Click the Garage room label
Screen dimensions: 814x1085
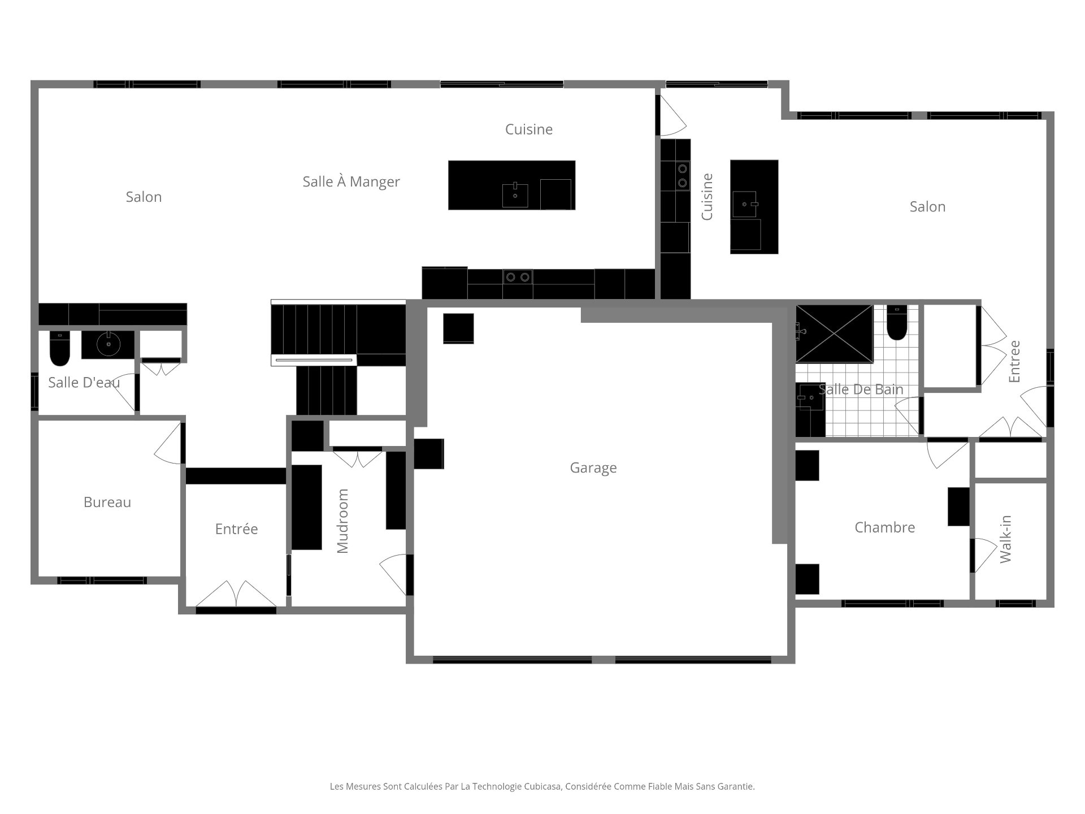pyautogui.click(x=593, y=468)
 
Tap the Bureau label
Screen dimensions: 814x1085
pyautogui.click(x=107, y=502)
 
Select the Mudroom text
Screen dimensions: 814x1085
pyautogui.click(x=342, y=521)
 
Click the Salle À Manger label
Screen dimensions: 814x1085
pyautogui.click(x=351, y=181)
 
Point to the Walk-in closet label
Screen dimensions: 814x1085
pyautogui.click(x=1005, y=539)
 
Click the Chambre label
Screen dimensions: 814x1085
pyautogui.click(x=884, y=527)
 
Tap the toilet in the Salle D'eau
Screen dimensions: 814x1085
pyautogui.click(x=59, y=349)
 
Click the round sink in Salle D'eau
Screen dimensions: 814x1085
pyautogui.click(x=107, y=343)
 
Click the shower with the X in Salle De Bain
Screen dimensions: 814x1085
pyautogui.click(x=835, y=334)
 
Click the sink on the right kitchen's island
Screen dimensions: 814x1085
pyautogui.click(x=745, y=204)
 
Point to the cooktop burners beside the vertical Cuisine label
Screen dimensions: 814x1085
pyautogui.click(x=682, y=175)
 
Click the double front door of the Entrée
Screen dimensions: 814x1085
pyautogui.click(x=236, y=595)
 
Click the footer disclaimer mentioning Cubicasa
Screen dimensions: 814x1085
pyautogui.click(x=542, y=786)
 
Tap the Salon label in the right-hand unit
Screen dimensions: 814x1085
pyautogui.click(x=927, y=207)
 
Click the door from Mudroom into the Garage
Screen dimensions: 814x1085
pyautogui.click(x=394, y=573)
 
